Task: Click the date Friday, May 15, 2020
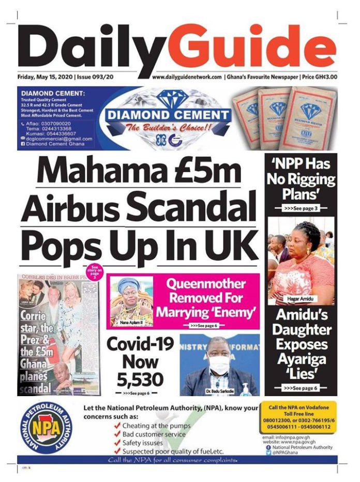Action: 45,77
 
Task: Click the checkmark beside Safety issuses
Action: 117,443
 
